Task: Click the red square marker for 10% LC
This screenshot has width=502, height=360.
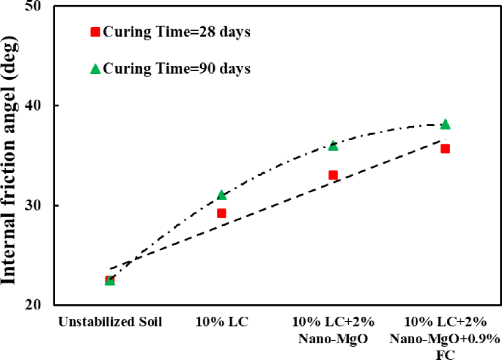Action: point(221,213)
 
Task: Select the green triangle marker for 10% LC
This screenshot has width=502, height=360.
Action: point(222,195)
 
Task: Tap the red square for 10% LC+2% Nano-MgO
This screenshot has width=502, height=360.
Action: point(333,175)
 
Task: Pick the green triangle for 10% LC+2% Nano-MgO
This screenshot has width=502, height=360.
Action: point(333,145)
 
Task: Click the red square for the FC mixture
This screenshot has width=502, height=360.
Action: point(446,149)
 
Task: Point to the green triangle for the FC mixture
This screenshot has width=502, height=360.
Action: point(446,124)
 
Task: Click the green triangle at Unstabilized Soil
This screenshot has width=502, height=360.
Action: point(110,281)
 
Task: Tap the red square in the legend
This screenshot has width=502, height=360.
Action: point(95,32)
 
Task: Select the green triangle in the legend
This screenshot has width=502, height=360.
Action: point(95,69)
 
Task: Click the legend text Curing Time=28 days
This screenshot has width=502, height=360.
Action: point(177,32)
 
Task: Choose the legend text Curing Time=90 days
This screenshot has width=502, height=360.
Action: point(177,69)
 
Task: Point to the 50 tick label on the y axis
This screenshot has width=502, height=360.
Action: point(33,7)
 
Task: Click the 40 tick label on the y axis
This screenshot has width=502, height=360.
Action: point(33,106)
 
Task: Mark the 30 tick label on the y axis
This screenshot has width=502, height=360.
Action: point(33,205)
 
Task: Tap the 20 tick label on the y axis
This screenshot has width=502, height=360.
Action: point(33,304)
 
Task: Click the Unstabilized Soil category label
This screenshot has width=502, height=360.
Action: point(110,322)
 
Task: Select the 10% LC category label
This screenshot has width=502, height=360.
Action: point(222,322)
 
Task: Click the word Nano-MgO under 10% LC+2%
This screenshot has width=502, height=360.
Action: point(333,339)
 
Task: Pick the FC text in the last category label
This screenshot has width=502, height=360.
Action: point(446,355)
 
